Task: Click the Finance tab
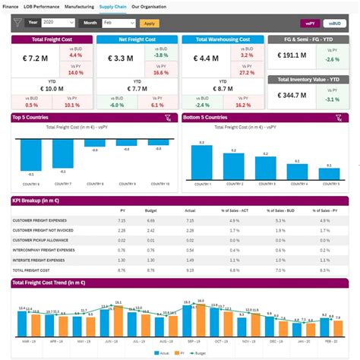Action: click(x=10, y=5)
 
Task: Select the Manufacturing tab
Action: click(x=80, y=5)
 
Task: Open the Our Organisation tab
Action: click(x=149, y=5)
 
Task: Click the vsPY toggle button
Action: click(x=310, y=24)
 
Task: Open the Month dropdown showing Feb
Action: click(x=118, y=24)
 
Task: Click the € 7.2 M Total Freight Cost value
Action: click(x=36, y=58)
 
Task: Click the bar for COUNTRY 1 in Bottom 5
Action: click(x=201, y=163)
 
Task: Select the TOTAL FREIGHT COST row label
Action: click(x=31, y=270)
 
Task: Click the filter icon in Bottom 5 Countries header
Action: click(x=339, y=118)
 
